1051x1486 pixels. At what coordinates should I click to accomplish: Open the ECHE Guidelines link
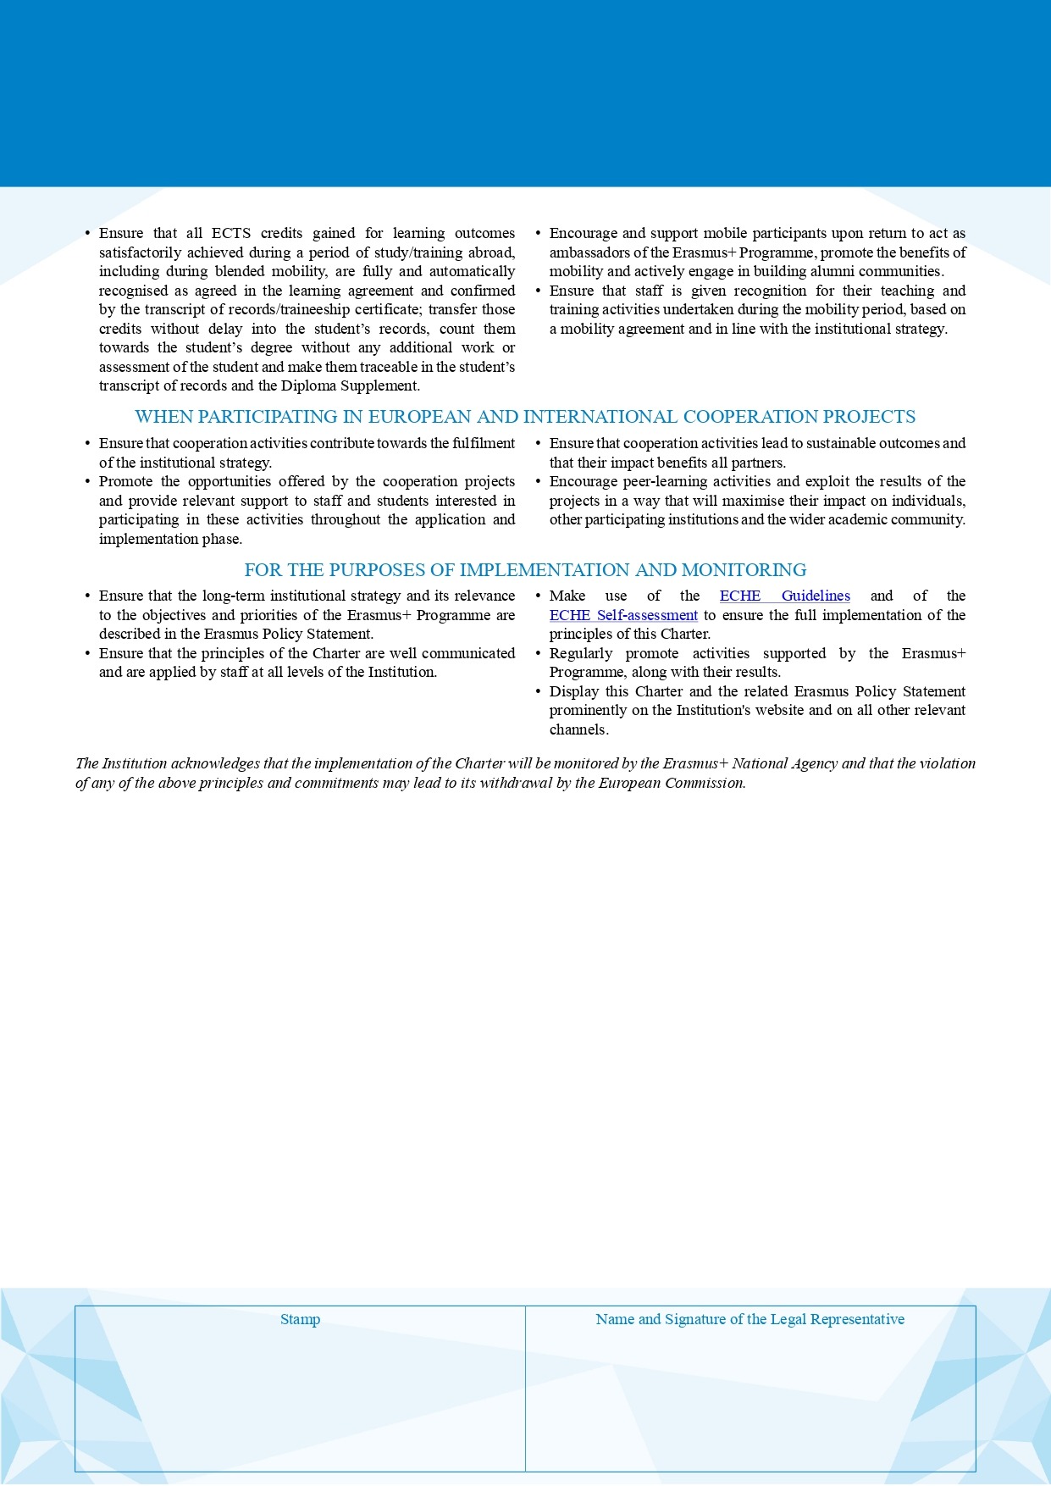pyautogui.click(x=784, y=596)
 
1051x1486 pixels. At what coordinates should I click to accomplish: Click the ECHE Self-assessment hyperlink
pyautogui.click(x=623, y=616)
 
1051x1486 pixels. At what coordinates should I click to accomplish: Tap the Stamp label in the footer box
pyautogui.click(x=300, y=1320)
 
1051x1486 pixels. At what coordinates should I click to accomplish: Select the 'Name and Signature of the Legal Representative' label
pyautogui.click(x=750, y=1320)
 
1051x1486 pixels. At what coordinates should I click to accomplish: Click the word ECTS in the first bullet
pyautogui.click(x=231, y=234)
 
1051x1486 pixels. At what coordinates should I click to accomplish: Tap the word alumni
pyautogui.click(x=836, y=272)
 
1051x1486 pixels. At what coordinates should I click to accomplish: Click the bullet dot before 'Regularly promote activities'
pyautogui.click(x=539, y=654)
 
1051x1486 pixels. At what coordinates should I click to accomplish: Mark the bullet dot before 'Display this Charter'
pyautogui.click(x=539, y=692)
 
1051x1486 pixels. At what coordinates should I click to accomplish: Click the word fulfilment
pyautogui.click(x=483, y=444)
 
